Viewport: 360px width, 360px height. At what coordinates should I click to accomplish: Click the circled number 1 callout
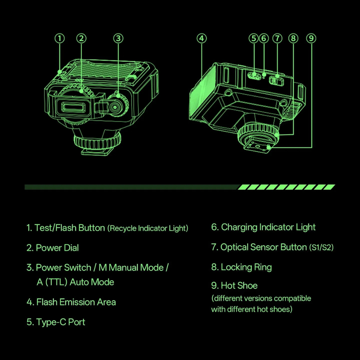[60, 38]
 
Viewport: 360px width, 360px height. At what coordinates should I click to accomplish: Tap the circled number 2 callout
[81, 38]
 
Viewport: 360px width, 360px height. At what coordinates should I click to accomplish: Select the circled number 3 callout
[118, 38]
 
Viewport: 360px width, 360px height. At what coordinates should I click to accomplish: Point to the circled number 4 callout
[201, 38]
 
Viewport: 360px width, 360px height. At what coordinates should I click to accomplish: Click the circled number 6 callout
[264, 38]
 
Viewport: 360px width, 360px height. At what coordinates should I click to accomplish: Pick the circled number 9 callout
[311, 38]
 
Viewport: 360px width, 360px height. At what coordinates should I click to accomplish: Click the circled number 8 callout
[293, 38]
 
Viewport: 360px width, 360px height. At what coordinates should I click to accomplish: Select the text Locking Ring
[246, 267]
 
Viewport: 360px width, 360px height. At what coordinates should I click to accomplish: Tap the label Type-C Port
[60, 322]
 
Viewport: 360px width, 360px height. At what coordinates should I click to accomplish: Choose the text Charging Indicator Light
[268, 227]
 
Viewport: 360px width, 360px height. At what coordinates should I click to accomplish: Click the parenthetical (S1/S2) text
[321, 248]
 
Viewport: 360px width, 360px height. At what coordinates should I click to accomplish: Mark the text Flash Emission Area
[76, 302]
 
